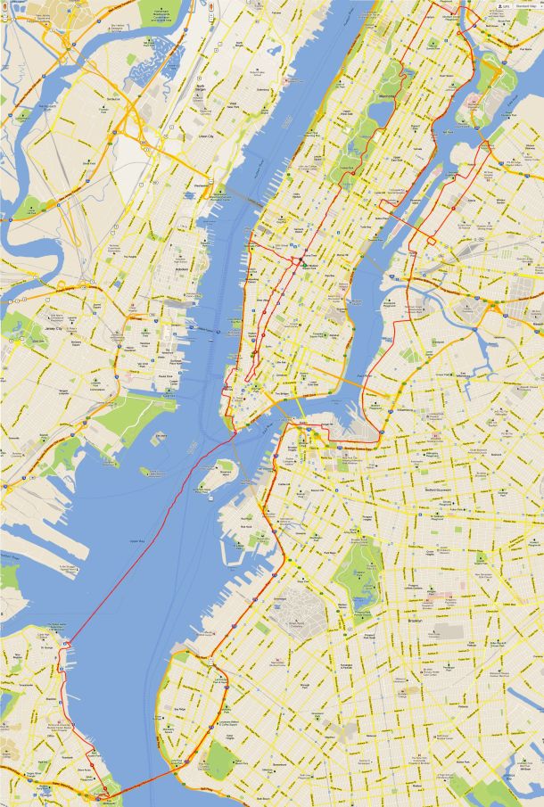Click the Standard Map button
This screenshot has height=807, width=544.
(x=526, y=6)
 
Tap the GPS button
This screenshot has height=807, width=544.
(x=505, y=6)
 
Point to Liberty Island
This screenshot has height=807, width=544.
(x=145, y=470)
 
